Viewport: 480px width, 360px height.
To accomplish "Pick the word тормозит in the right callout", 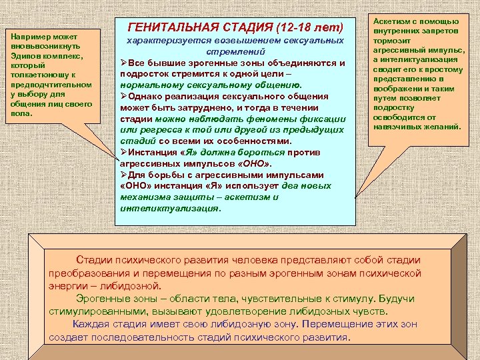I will click(393, 41).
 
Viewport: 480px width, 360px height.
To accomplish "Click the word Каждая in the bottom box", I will click(94, 324).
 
